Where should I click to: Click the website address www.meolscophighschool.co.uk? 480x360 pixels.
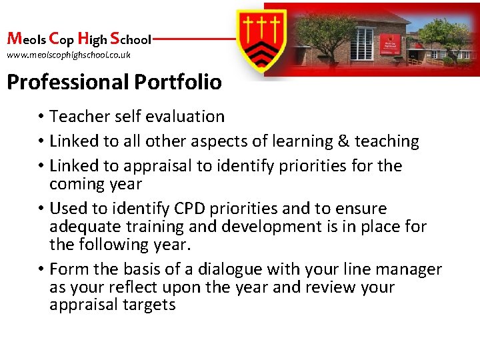69,55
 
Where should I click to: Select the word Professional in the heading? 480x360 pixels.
68,82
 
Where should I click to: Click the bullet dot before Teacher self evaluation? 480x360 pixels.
41,117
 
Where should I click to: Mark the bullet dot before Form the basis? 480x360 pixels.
41,270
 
